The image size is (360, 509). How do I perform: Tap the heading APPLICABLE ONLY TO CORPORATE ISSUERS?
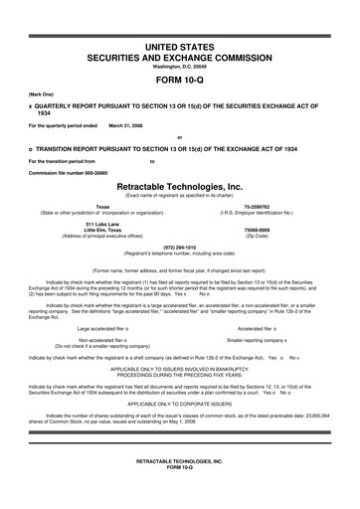pyautogui.click(x=179, y=406)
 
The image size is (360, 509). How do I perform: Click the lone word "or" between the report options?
pyautogui.click(x=179, y=137)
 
